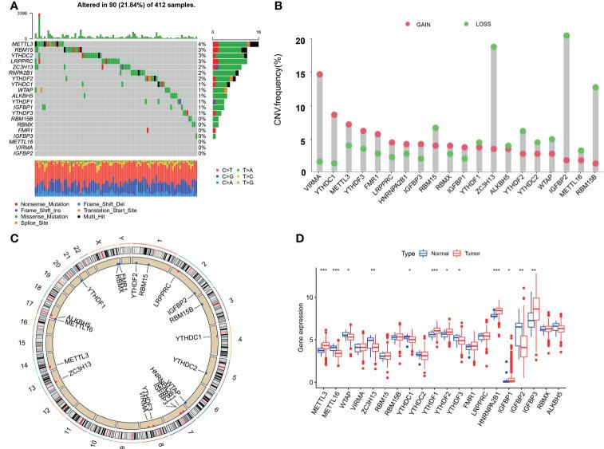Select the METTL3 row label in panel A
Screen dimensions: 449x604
point(23,44)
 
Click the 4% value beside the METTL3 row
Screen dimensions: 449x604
point(203,44)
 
